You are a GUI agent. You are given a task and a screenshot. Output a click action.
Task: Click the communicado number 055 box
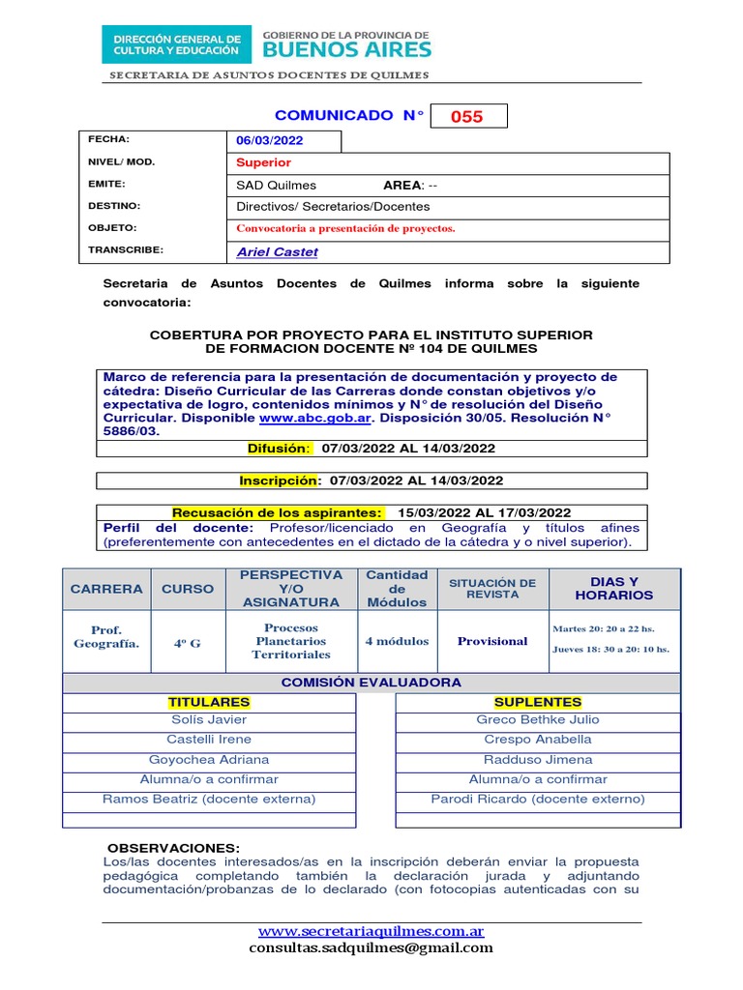(x=467, y=117)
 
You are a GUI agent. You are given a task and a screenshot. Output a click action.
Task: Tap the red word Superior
(x=263, y=162)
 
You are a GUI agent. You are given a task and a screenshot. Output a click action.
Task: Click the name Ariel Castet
(x=277, y=251)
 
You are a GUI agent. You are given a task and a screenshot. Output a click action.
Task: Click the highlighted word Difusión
(x=280, y=449)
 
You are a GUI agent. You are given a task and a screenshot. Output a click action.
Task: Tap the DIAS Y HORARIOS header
(x=614, y=588)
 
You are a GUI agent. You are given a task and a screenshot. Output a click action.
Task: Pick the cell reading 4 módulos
(x=397, y=641)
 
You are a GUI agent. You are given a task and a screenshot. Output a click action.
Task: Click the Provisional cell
(x=492, y=641)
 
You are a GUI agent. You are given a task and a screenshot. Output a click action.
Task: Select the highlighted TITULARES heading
(x=209, y=702)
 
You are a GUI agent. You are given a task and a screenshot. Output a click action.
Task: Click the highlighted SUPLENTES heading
(x=538, y=702)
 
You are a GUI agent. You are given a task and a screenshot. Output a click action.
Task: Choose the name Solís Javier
(x=209, y=719)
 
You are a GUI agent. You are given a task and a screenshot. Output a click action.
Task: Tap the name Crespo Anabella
(x=538, y=740)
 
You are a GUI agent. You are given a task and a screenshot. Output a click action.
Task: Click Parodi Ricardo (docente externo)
(x=538, y=800)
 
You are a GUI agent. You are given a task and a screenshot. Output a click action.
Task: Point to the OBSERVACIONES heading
(x=173, y=848)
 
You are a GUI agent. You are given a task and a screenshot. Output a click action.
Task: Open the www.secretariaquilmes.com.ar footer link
(x=371, y=931)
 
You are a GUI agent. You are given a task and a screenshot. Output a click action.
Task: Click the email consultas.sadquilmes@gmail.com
(x=371, y=947)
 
